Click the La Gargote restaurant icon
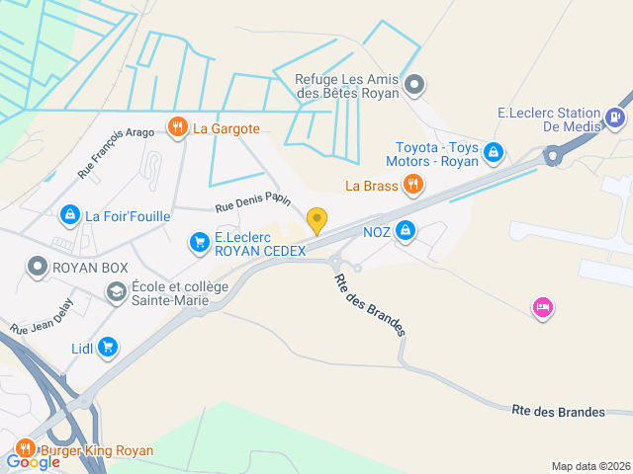[x=178, y=126]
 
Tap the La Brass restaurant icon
[x=414, y=184]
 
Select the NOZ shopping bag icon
[x=405, y=231]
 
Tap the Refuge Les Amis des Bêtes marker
[x=415, y=85]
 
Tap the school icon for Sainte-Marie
[x=116, y=291]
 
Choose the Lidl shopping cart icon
[x=108, y=347]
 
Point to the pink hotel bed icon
[x=542, y=308]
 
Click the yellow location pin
[x=316, y=219]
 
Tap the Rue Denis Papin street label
[x=252, y=202]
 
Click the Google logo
[x=33, y=461]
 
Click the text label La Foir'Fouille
[x=128, y=216]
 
